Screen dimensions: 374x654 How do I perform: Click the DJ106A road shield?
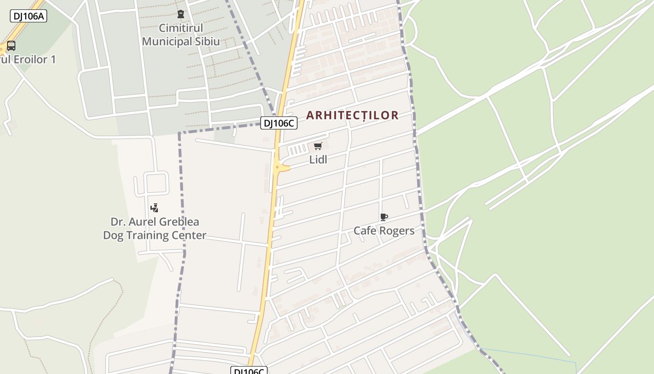point(28,16)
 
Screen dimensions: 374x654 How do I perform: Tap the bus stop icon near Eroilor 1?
point(11,46)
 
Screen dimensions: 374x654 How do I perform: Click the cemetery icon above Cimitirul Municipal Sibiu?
point(181,14)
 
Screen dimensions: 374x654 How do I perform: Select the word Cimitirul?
point(181,28)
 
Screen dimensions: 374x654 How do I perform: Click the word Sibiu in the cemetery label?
point(208,41)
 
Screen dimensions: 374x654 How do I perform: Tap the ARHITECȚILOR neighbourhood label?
point(352,115)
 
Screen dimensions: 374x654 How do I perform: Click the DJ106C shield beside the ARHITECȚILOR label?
point(279,123)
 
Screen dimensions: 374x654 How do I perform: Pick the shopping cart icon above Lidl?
point(318,146)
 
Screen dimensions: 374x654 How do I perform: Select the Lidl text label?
point(318,160)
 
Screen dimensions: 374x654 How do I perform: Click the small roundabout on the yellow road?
point(277,167)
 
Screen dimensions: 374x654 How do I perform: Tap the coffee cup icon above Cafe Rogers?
point(384,217)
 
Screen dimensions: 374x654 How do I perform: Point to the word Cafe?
point(365,230)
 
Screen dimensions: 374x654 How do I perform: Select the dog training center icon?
point(155,208)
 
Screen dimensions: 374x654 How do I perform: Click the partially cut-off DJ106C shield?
point(249,371)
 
